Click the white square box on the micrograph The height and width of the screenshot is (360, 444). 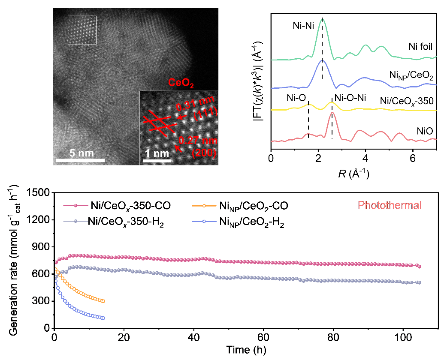pos(82,30)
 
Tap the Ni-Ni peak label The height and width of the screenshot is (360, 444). pos(301,26)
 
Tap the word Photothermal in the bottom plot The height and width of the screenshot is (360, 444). pos(390,205)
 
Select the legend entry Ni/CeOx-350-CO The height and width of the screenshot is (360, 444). pos(129,206)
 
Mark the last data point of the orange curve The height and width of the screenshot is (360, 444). pos(103,301)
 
